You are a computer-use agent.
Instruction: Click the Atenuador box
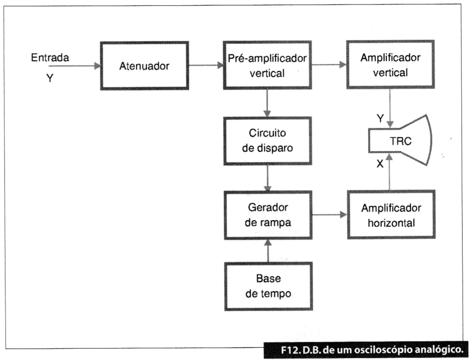144,66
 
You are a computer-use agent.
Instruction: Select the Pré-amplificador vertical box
267,65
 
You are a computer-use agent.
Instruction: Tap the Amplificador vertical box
390,64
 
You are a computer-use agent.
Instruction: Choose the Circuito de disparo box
267,141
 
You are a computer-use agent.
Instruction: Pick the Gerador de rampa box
268,215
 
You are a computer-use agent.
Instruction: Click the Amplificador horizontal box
391,215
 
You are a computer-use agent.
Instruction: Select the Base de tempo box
268,286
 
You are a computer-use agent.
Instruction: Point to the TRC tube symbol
400,140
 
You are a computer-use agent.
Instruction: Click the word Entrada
50,57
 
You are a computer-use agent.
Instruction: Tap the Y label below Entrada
50,78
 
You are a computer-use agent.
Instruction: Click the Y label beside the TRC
380,118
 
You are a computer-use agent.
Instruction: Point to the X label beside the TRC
380,164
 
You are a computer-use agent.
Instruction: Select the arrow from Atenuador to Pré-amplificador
206,65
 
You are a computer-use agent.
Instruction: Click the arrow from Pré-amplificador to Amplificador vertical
329,64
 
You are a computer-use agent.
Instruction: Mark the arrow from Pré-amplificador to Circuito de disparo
267,103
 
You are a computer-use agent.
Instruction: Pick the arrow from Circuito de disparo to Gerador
267,178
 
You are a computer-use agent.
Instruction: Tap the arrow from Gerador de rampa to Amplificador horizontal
330,215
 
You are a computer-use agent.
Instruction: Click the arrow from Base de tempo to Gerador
268,251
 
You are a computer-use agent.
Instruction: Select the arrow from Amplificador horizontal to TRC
390,172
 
